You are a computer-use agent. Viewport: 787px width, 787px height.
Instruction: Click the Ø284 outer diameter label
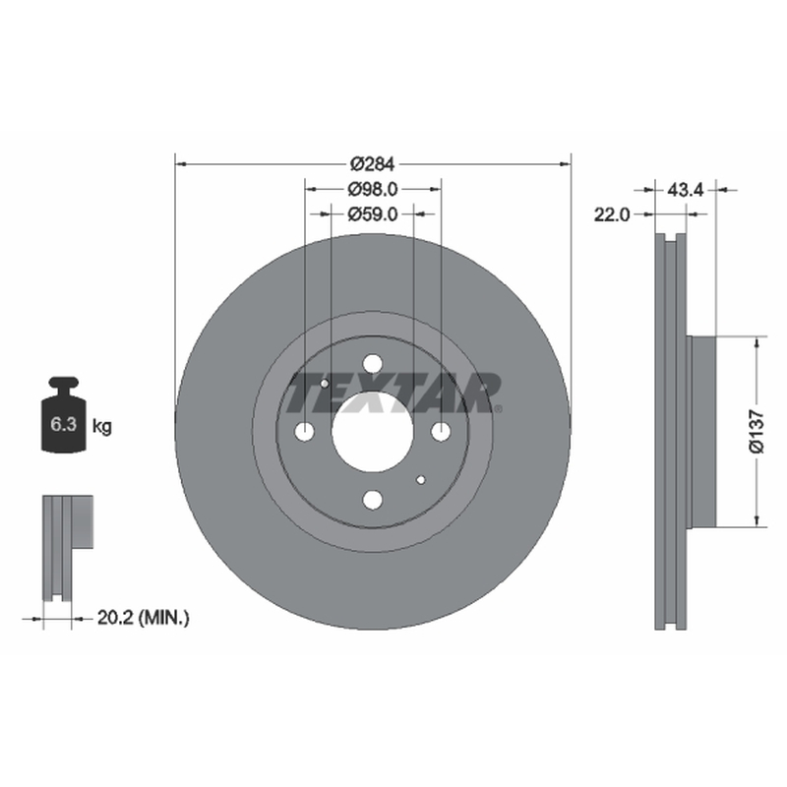coord(373,163)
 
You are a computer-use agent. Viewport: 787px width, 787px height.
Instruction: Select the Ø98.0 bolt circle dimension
coord(373,189)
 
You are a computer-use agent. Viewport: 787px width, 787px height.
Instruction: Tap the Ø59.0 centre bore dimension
coord(373,214)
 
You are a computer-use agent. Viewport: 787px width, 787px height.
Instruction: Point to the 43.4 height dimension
coord(686,190)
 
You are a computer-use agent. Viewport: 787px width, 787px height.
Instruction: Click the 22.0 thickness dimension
coord(612,214)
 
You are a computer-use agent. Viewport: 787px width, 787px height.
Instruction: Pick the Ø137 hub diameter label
coord(757,432)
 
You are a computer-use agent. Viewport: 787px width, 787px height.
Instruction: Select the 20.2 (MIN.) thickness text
coord(143,618)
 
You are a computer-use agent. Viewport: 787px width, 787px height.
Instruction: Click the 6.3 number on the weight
coord(64,424)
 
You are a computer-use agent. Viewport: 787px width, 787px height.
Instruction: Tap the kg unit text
coord(102,427)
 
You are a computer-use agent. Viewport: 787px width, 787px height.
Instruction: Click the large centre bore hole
coord(373,432)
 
